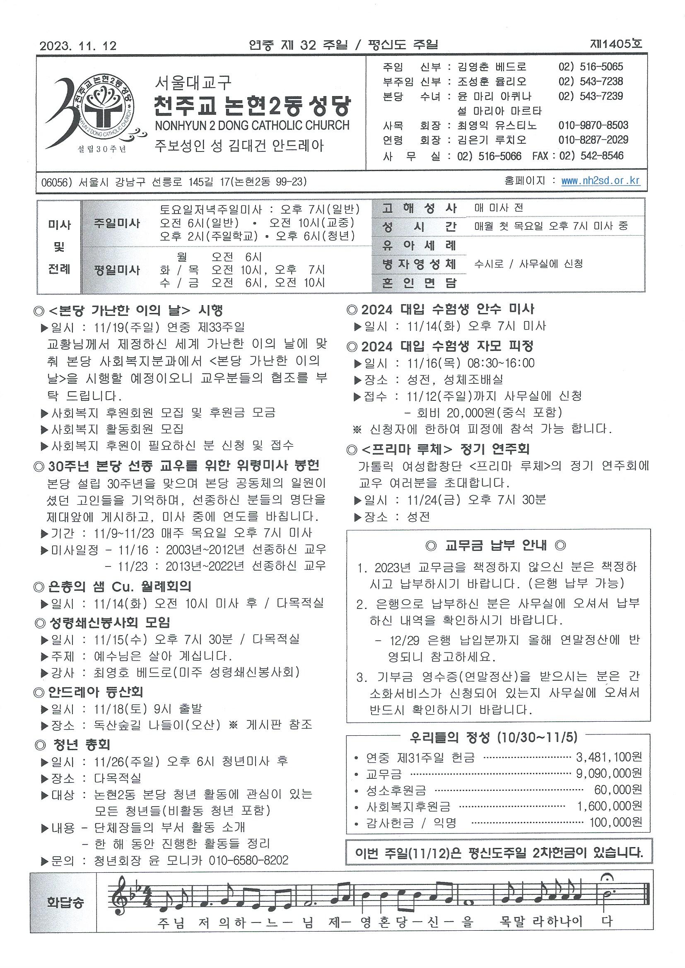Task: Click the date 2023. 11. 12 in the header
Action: [x=78, y=46]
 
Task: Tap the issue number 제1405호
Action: [x=617, y=44]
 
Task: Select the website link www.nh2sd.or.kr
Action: [x=600, y=181]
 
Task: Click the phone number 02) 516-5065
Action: [x=591, y=67]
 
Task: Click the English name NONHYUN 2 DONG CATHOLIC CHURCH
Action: [x=252, y=125]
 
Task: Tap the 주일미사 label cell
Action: [x=117, y=223]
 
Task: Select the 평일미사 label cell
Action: [x=117, y=270]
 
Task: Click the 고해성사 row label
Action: [x=419, y=208]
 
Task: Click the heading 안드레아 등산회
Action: [x=95, y=692]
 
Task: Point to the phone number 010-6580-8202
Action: [x=248, y=860]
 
